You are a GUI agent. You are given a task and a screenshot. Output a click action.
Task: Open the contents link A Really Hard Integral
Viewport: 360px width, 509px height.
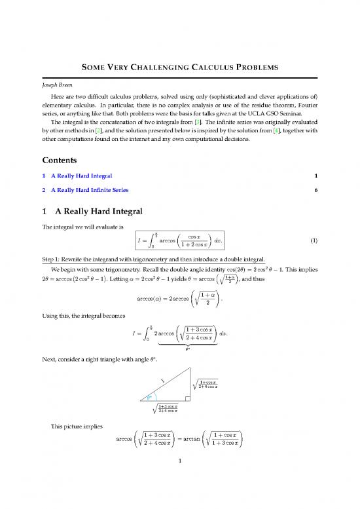pos(77,176)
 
